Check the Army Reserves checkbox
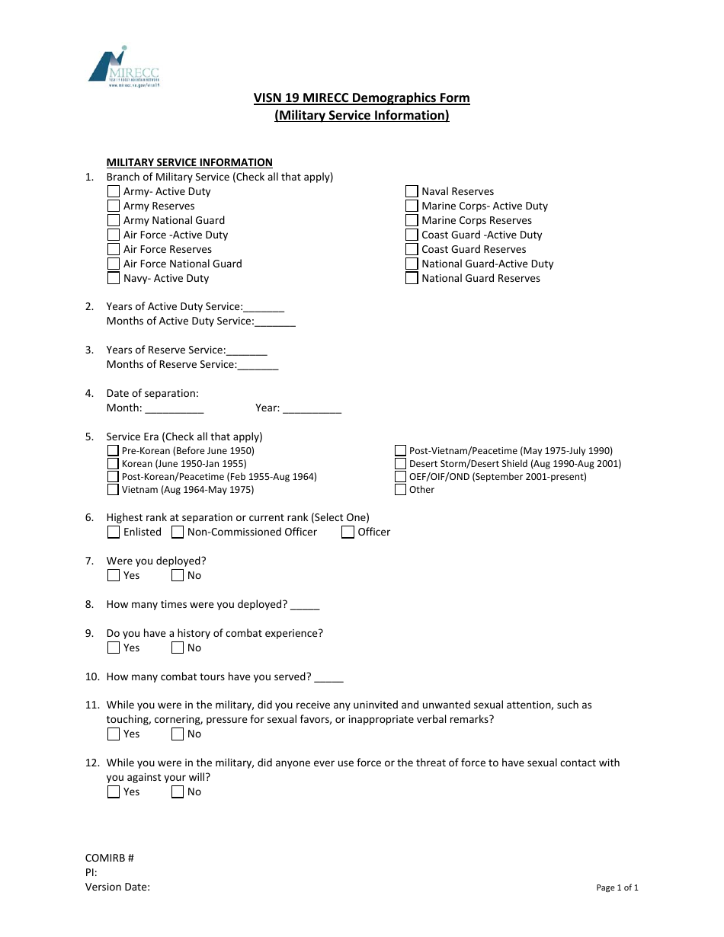114,206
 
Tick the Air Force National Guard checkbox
114,264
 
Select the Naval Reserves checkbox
412,192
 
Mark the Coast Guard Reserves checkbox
412,250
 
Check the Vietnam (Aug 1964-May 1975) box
113,490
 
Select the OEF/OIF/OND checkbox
400,477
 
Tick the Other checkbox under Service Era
400,490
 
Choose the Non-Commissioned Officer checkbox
178,532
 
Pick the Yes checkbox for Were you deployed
114,576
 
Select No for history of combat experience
178,648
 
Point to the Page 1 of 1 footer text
617,887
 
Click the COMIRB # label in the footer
110,858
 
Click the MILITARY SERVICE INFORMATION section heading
189,162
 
